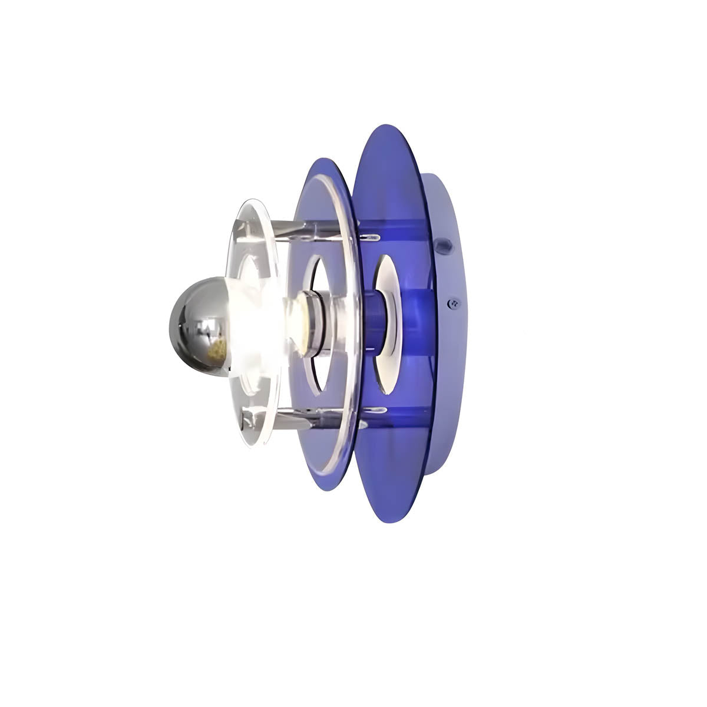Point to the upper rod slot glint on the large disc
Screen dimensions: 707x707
pyautogui.click(x=371, y=237)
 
